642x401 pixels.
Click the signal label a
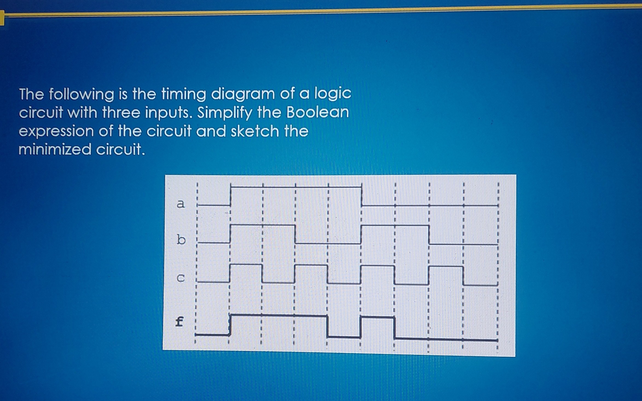[181, 204]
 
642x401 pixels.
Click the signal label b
[181, 240]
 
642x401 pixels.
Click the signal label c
[181, 278]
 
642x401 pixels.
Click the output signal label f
[179, 321]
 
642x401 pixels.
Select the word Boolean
[317, 112]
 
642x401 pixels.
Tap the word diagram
[243, 94]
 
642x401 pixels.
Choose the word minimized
[55, 149]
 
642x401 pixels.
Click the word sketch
[255, 131]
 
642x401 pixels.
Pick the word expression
[56, 131]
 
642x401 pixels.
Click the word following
[82, 94]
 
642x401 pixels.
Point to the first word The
[31, 94]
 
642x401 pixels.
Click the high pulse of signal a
[296, 187]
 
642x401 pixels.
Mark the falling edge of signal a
[362, 196]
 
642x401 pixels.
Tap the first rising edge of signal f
[230, 325]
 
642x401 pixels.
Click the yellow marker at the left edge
[2, 18]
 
